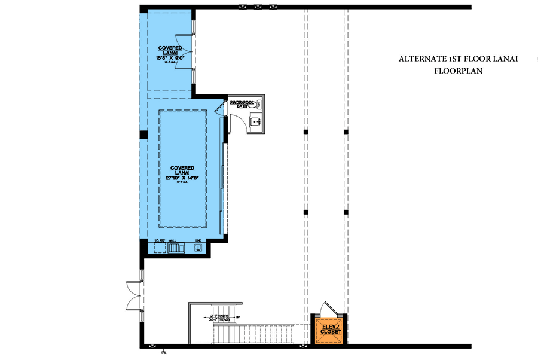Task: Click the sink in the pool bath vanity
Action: (255, 123)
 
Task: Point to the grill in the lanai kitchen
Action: (175, 248)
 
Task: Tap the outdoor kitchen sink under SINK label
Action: (198, 248)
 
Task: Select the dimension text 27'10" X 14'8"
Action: (183, 178)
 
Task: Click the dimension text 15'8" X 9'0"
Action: (170, 58)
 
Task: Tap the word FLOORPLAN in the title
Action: (458, 71)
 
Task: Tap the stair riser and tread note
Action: (219, 318)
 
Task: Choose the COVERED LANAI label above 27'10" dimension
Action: (183, 168)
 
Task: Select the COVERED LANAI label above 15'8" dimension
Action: (170, 50)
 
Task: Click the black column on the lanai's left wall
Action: (143, 135)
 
